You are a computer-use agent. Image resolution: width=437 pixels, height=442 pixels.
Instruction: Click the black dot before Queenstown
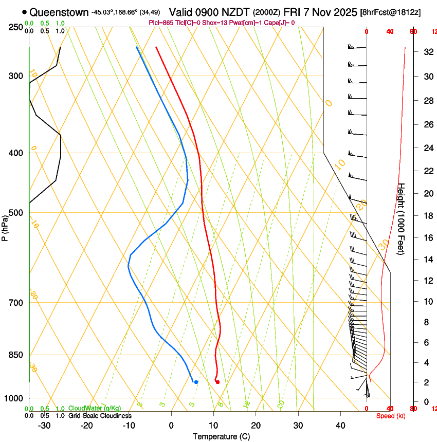click(x=25, y=12)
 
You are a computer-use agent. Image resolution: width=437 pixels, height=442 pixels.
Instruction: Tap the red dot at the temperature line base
click(x=217, y=382)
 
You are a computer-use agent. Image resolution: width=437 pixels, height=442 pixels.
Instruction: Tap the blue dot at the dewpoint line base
click(x=196, y=382)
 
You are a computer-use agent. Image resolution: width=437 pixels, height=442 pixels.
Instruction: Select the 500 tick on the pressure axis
click(x=16, y=213)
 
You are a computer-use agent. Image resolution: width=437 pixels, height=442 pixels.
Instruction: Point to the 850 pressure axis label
click(x=16, y=355)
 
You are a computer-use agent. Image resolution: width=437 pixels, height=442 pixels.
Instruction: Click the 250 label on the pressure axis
click(x=16, y=27)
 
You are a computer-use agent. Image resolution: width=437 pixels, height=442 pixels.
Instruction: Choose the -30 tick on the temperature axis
click(x=44, y=426)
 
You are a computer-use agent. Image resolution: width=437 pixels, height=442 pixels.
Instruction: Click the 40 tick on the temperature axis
click(x=340, y=426)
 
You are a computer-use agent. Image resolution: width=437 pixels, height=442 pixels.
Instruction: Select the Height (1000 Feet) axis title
click(x=402, y=218)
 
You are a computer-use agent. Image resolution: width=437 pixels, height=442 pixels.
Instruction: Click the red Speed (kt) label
click(x=391, y=416)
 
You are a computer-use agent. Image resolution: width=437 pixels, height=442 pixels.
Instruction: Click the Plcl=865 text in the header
click(x=161, y=23)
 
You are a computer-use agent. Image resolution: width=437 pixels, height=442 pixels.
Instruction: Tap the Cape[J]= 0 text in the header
click(x=280, y=23)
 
